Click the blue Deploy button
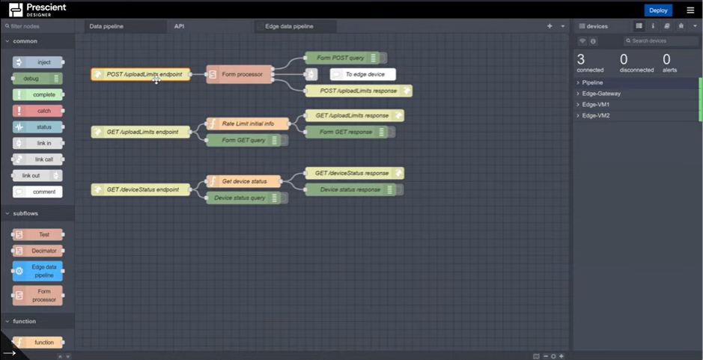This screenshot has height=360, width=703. click(x=658, y=10)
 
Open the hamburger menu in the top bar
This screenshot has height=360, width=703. click(x=690, y=10)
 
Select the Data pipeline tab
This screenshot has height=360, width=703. click(x=107, y=26)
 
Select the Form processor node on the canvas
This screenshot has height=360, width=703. click(x=239, y=74)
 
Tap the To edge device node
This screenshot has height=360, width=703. click(x=364, y=74)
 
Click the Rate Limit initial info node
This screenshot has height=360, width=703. click(x=247, y=123)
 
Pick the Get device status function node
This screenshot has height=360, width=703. click(x=243, y=181)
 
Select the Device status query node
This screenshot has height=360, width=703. click(x=240, y=198)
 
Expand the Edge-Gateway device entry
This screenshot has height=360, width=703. click(x=601, y=94)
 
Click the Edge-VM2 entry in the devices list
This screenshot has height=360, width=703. click(x=596, y=116)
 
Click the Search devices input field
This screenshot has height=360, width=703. click(x=661, y=41)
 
